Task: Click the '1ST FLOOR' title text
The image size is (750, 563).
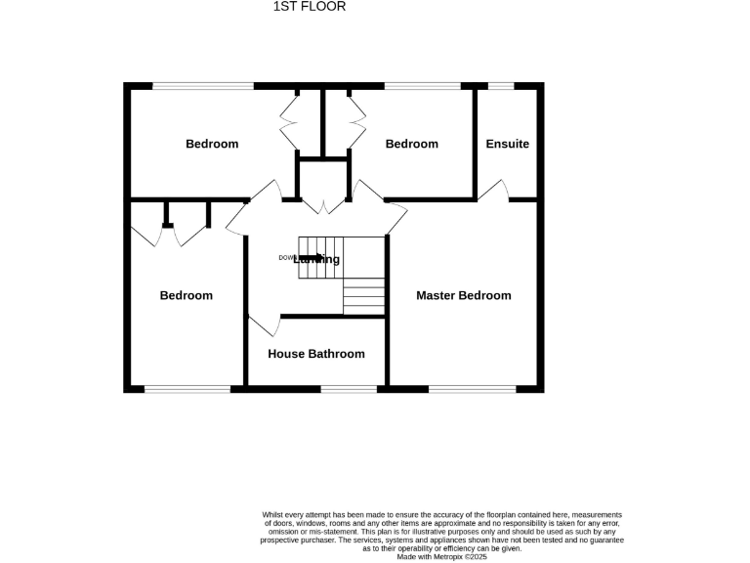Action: pos(309,7)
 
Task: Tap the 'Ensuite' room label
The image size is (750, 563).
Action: pos(508,144)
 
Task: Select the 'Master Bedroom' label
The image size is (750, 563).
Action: pos(463,295)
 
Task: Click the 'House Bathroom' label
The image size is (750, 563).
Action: pos(316,354)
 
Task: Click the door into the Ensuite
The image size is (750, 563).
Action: pos(493,191)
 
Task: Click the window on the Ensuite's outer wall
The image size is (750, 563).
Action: pos(501,86)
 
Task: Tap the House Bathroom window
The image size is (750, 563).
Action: pos(349,389)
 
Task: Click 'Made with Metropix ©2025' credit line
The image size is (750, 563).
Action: pos(441,556)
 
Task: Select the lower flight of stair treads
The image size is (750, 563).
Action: pos(364,295)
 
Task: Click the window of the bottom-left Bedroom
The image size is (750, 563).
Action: pos(187,389)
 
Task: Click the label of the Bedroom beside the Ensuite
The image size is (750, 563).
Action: pos(411,144)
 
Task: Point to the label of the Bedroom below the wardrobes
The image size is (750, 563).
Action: pos(187,295)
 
